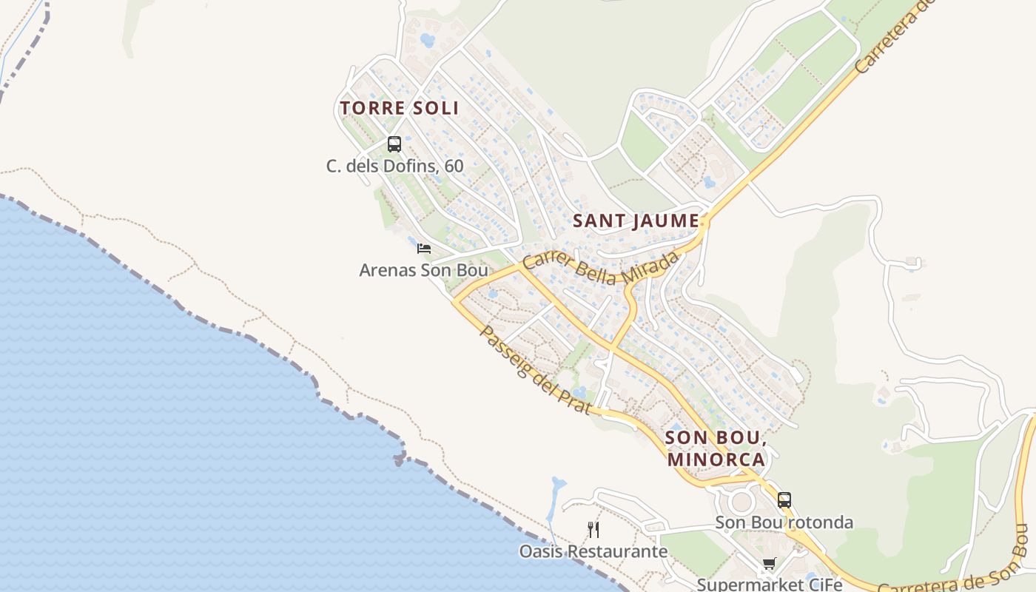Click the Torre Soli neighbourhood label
(x=400, y=108)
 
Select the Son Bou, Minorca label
(x=716, y=448)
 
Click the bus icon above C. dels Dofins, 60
(x=394, y=144)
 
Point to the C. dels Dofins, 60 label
(x=395, y=166)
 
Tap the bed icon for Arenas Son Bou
(x=423, y=249)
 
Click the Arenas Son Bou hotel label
(x=423, y=270)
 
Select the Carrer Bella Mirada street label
(x=600, y=269)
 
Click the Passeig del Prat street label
(x=535, y=369)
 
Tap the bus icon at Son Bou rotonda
(x=784, y=500)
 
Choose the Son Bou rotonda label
(x=784, y=522)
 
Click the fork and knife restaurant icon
(x=593, y=529)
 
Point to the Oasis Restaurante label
(x=593, y=551)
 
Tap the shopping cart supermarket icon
(x=770, y=565)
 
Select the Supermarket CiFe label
(x=770, y=585)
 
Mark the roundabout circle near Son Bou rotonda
(x=741, y=502)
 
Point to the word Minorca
(x=716, y=459)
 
